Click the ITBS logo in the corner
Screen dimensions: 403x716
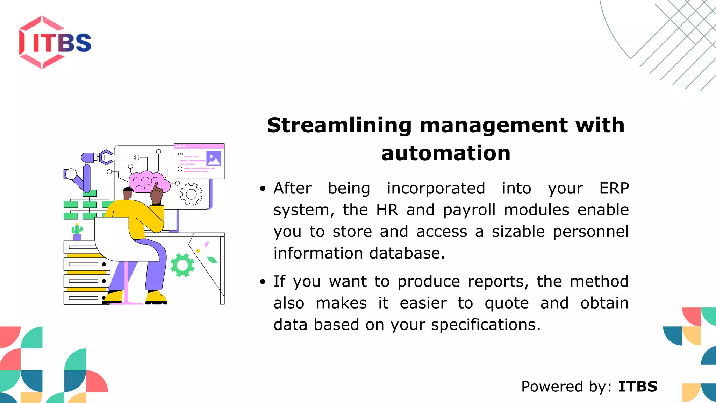point(55,42)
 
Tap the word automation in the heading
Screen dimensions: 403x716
point(446,154)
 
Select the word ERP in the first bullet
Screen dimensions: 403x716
point(614,189)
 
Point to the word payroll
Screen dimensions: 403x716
point(469,210)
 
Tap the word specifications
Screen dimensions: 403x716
point(486,325)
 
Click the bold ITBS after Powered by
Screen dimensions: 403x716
point(638,387)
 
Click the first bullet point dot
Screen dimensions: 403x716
point(263,189)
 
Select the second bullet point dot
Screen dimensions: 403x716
point(263,282)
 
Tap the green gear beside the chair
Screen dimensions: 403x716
point(182,265)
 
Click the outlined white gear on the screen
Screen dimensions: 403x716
point(191,194)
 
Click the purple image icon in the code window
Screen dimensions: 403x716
point(214,158)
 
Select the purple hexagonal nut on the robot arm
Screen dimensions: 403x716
point(105,157)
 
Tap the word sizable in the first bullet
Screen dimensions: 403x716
point(518,232)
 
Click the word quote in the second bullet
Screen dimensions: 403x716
point(507,303)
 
